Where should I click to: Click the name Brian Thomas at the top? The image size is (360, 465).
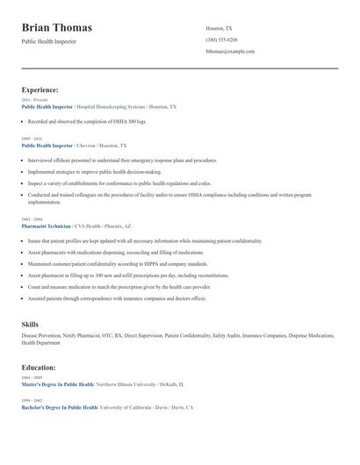pyautogui.click(x=56, y=28)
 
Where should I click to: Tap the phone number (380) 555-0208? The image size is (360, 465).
pyautogui.click(x=221, y=40)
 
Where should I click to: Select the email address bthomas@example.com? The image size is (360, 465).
pyautogui.click(x=230, y=52)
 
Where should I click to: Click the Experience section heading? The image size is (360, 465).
pyautogui.click(x=40, y=89)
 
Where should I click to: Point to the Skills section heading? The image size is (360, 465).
pyautogui.click(x=30, y=325)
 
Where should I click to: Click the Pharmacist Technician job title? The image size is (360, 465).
pyautogui.click(x=47, y=225)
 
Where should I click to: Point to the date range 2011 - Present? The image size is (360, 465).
pyautogui.click(x=31, y=100)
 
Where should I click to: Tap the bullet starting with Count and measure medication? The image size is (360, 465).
pyautogui.click(x=119, y=287)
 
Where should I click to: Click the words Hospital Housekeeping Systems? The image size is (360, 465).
pyautogui.click(x=112, y=106)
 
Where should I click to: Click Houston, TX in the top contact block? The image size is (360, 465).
pyautogui.click(x=220, y=29)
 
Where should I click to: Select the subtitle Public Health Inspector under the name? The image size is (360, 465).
pyautogui.click(x=49, y=41)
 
